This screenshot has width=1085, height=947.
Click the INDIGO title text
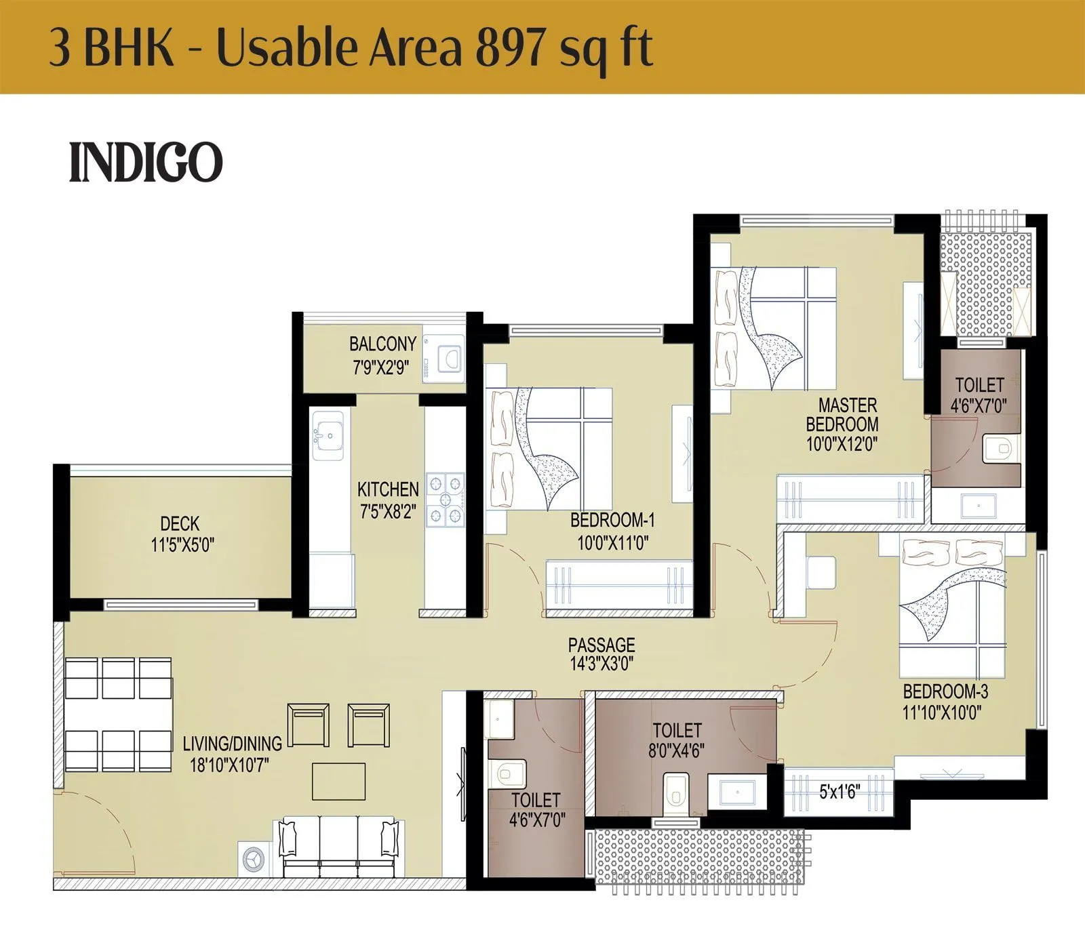tap(146, 163)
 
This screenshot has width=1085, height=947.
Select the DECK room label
tap(180, 523)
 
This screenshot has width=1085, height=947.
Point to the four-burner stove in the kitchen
tap(444, 500)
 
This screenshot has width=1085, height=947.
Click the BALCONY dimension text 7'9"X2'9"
tap(380, 367)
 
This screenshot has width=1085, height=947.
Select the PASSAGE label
tap(601, 644)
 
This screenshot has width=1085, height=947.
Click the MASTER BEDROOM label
tap(843, 415)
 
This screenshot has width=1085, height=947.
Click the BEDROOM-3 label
tap(945, 691)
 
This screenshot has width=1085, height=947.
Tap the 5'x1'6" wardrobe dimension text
tap(839, 791)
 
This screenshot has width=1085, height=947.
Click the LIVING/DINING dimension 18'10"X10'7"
tap(229, 765)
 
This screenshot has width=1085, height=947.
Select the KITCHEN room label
tap(388, 489)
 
